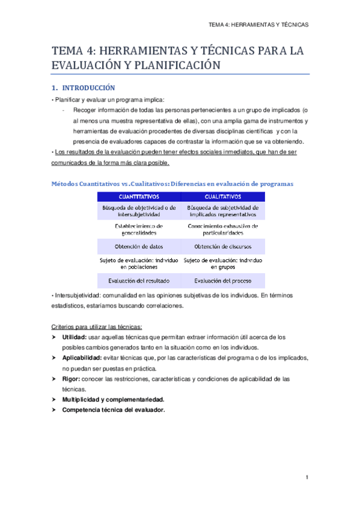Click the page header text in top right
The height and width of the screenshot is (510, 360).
click(x=258, y=25)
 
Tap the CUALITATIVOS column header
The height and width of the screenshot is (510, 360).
click(x=223, y=196)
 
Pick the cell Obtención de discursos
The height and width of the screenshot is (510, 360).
click(x=223, y=247)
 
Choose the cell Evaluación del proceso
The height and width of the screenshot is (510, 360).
click(x=223, y=280)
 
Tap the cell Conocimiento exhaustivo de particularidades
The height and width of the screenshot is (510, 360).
click(x=223, y=229)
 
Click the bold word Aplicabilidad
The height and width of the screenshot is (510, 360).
click(x=81, y=358)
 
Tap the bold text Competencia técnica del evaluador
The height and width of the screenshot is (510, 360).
click(x=113, y=410)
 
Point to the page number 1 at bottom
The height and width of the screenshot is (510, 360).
click(x=307, y=478)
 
